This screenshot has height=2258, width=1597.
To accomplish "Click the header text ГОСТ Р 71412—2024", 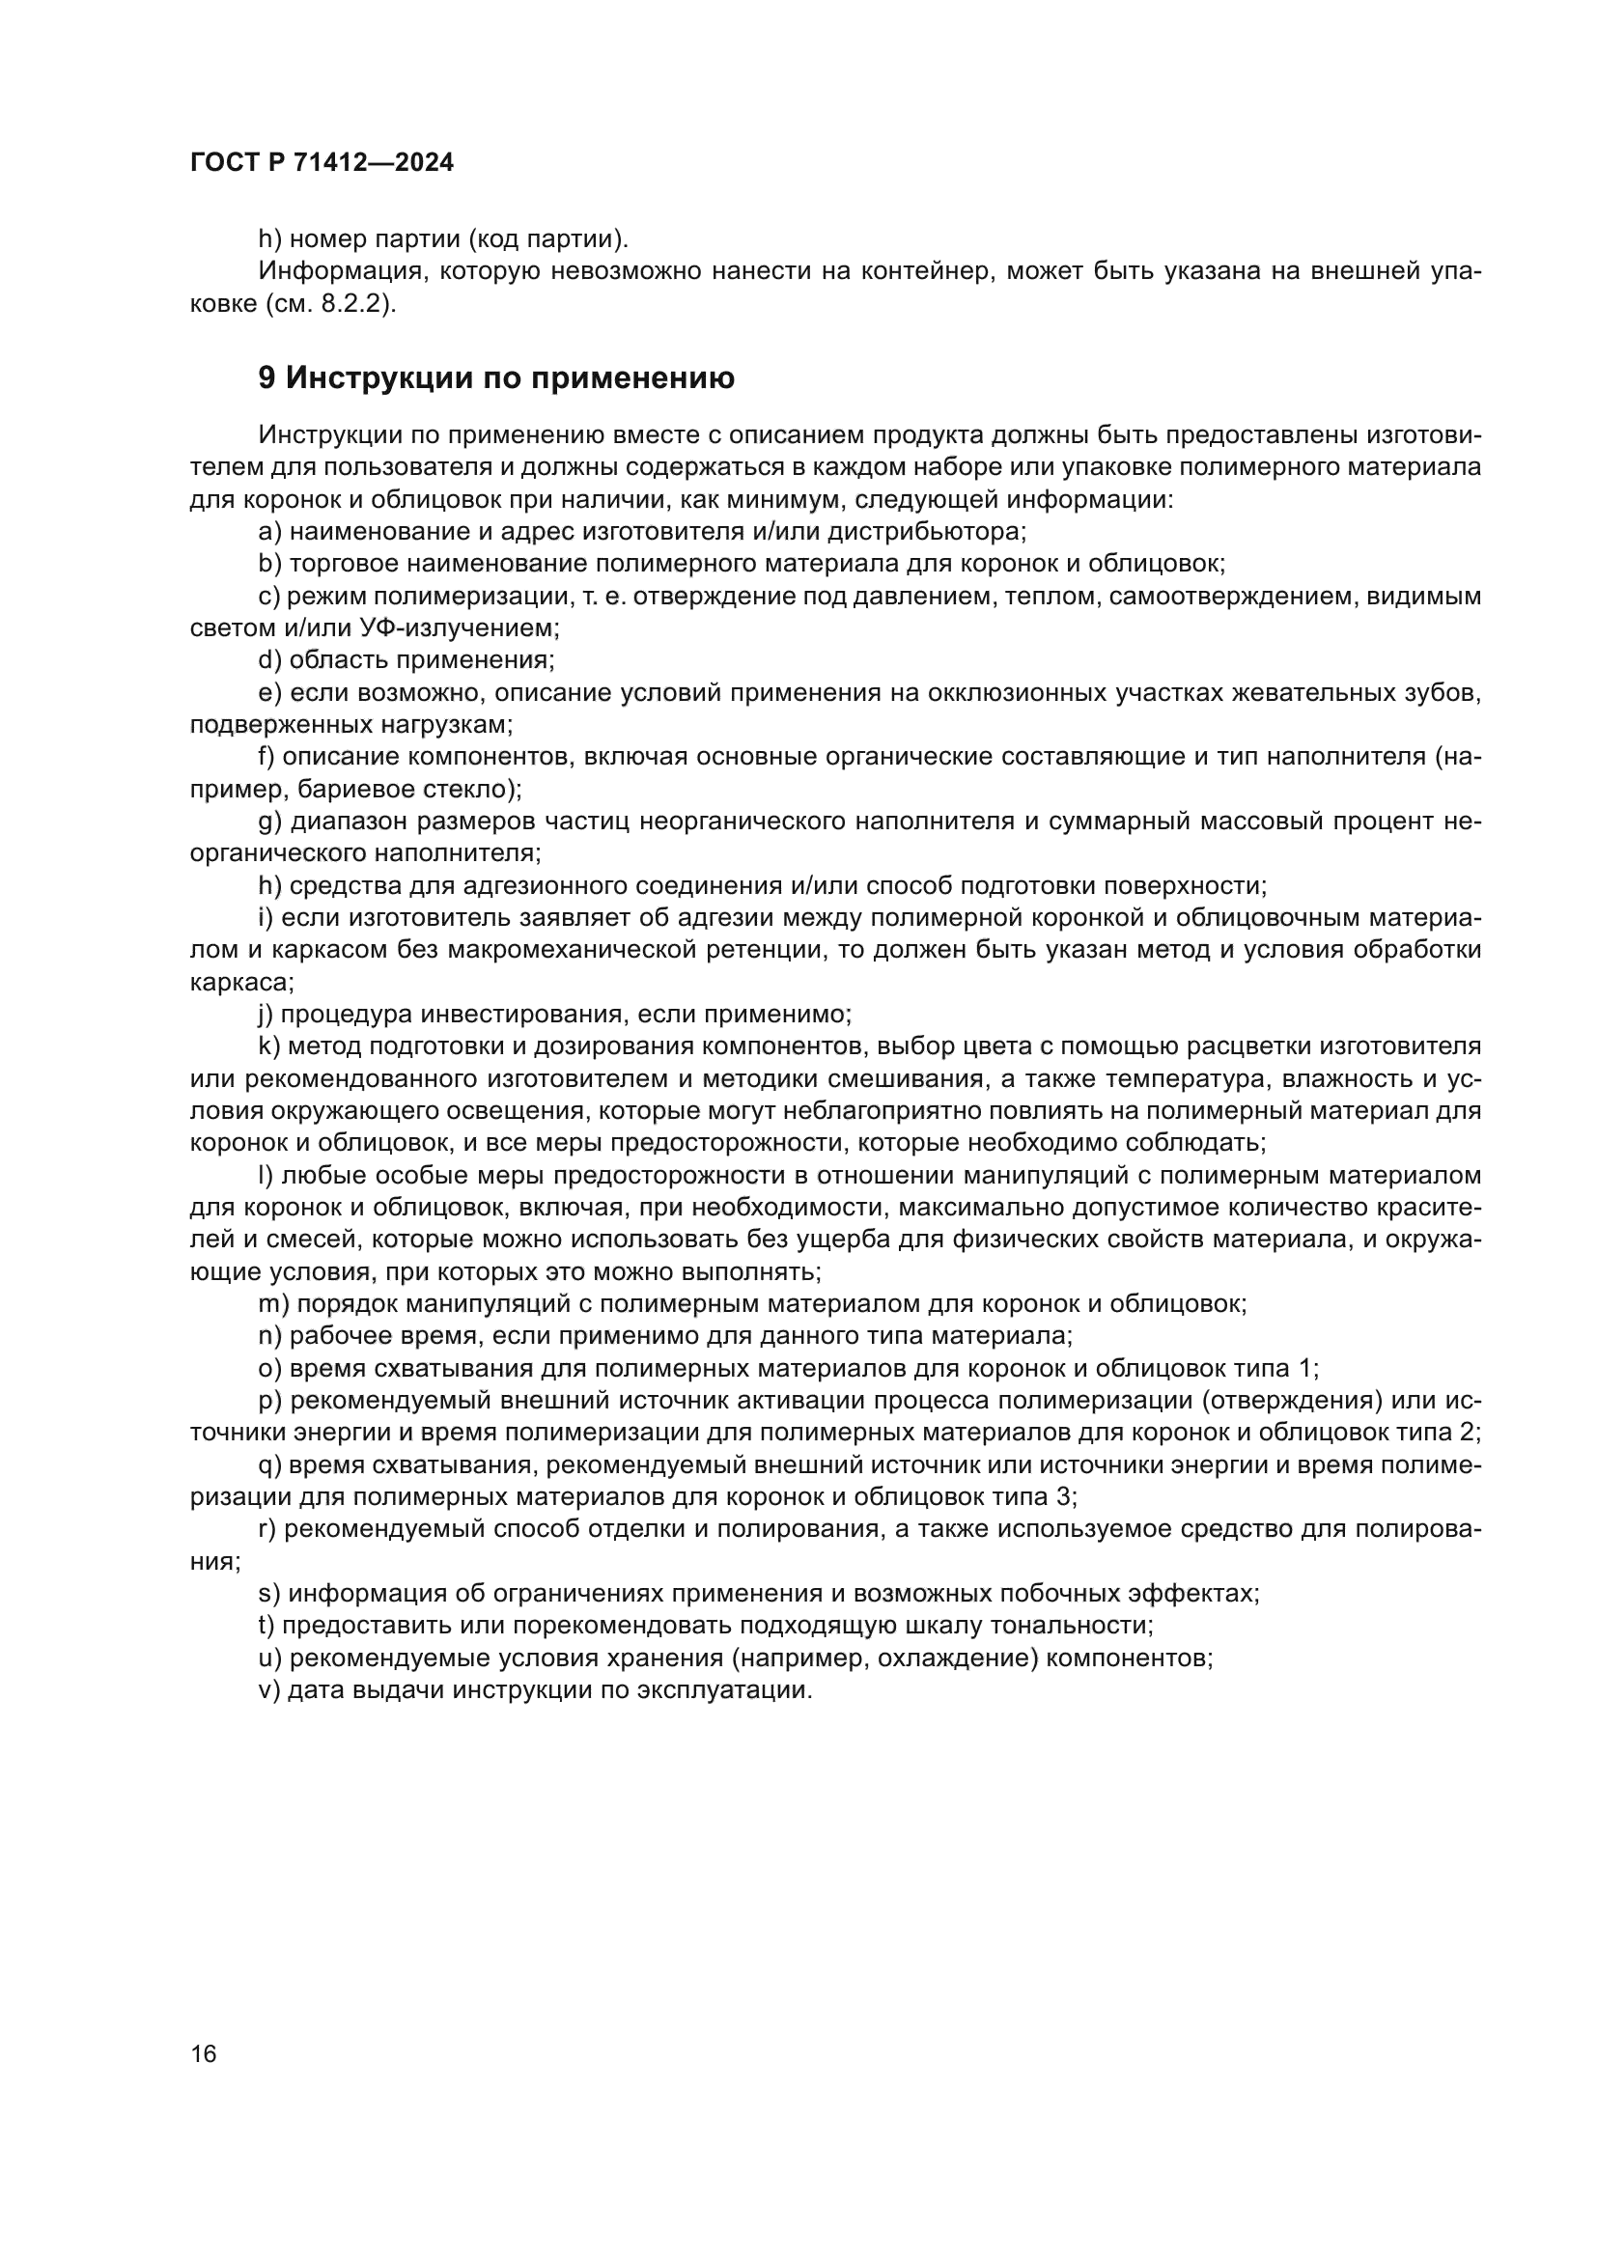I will (x=322, y=163).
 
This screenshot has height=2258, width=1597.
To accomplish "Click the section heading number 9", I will (x=266, y=378).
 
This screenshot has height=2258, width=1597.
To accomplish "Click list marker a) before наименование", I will (x=269, y=532).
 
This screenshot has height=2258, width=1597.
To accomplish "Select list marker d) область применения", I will (x=269, y=660).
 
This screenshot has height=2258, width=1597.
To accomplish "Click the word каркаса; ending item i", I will (x=241, y=982).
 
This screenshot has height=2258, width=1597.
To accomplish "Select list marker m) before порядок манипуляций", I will (x=273, y=1304).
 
